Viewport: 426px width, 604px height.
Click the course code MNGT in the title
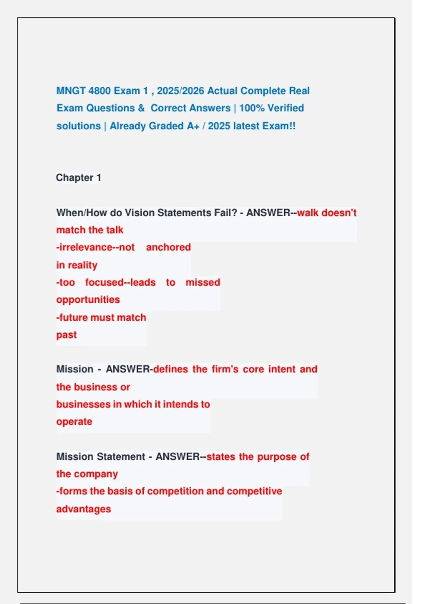tap(71, 91)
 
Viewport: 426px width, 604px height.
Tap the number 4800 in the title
tap(99, 91)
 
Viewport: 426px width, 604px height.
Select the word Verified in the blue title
tap(286, 108)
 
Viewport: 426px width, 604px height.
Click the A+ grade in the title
tap(193, 126)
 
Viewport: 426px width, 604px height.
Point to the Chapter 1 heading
tap(78, 178)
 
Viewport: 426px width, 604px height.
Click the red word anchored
tap(168, 247)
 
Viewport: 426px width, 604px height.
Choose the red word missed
tap(203, 282)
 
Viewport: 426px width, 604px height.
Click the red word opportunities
tap(88, 300)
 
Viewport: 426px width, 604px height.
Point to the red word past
tap(66, 335)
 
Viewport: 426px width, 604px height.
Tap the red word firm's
tap(225, 369)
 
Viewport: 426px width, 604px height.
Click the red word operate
tap(74, 422)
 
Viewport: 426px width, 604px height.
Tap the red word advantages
tap(83, 509)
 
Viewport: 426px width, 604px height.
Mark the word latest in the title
tap(246, 126)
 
